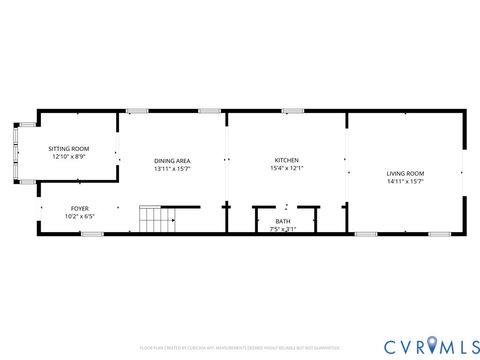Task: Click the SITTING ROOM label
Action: [x=69, y=148]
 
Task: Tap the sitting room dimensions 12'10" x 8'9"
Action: [x=69, y=157]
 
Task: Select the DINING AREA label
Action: [x=172, y=161]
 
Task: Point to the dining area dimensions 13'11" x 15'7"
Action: [x=172, y=169]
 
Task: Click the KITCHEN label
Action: [x=287, y=160]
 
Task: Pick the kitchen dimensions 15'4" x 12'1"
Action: [x=287, y=168]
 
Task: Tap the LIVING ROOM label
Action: [x=405, y=174]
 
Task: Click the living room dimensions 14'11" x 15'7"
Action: [x=405, y=182]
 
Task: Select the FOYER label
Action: [x=79, y=208]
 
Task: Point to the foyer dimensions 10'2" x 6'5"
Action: [x=79, y=216]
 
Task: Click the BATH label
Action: [x=283, y=221]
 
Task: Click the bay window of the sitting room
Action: [x=15, y=153]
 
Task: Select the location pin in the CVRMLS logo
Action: [x=431, y=345]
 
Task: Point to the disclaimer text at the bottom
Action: [x=239, y=348]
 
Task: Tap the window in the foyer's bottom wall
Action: [x=91, y=234]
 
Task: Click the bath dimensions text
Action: [x=283, y=229]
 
